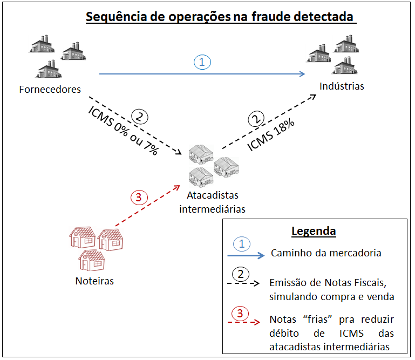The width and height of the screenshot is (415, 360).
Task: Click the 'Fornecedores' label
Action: coord(50,89)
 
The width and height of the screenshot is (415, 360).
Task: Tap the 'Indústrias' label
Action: coord(342,86)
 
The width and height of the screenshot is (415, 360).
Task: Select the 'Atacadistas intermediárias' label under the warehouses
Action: coord(212,202)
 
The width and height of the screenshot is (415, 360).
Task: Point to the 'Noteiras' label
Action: coord(94,281)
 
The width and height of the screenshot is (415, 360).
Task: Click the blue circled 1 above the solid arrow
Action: coord(202,63)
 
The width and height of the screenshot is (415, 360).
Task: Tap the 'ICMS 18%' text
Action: coord(271,134)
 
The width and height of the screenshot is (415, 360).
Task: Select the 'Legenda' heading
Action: coord(314,232)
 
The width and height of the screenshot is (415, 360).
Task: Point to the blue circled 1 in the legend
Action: coord(242,244)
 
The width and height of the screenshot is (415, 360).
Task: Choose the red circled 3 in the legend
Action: coord(241,313)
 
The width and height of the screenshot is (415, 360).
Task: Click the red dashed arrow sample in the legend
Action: coord(246,322)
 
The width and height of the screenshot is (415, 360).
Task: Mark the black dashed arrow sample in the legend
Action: coord(246,283)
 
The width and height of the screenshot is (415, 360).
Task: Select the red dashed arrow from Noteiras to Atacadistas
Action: coord(147,205)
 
